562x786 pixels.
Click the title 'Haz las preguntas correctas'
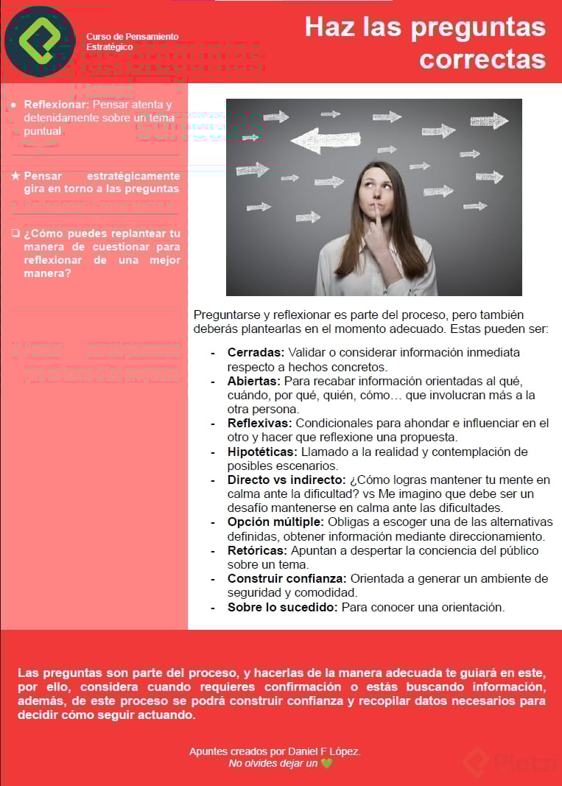[425, 43]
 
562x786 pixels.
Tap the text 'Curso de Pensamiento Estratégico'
[132, 41]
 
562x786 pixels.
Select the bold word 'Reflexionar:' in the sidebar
[56, 105]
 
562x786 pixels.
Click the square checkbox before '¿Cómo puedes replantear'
[15, 234]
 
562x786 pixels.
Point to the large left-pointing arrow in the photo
[325, 139]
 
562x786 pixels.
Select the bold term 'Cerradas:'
[256, 353]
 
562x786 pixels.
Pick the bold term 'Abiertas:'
[254, 382]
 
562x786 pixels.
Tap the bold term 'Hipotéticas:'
[262, 452]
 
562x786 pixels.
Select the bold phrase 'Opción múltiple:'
[275, 522]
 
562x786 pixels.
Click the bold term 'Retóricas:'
[257, 551]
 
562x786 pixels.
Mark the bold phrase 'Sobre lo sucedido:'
[282, 608]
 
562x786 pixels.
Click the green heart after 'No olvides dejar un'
[326, 764]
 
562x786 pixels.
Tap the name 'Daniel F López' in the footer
[325, 752]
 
